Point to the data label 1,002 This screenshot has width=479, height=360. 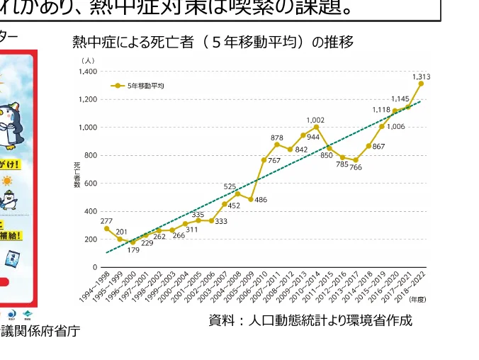315,120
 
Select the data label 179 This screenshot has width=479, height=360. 134,249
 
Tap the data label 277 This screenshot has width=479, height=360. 106,221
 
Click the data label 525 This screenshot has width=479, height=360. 230,186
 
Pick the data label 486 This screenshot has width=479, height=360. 261,200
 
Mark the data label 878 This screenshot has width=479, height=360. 277,137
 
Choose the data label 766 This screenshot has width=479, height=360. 355,168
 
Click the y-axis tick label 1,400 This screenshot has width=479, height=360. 88,72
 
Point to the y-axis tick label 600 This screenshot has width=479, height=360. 91,184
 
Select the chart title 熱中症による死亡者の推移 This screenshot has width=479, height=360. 213,43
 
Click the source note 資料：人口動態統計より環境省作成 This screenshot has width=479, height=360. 310,320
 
